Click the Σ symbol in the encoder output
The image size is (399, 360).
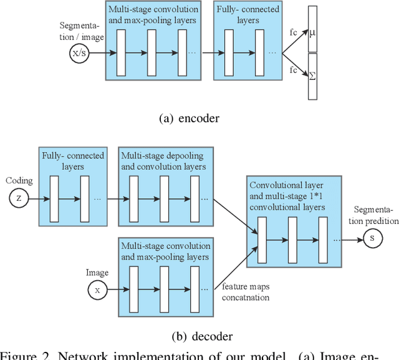312,75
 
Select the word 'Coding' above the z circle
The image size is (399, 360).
19,181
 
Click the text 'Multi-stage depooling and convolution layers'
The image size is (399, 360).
162,160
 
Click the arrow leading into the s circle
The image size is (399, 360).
355,238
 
